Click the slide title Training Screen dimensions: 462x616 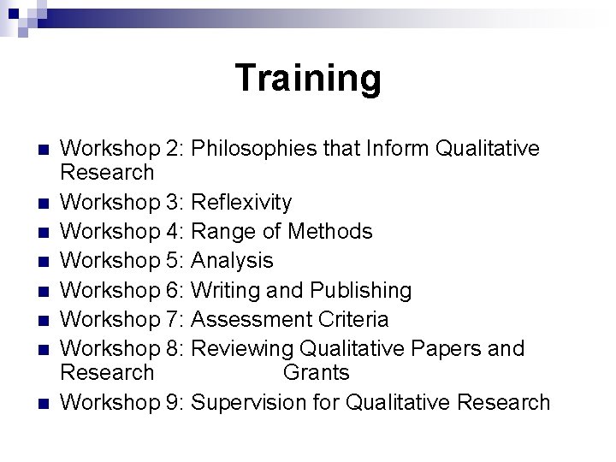pos(308,78)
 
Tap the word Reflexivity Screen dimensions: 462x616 pos(241,203)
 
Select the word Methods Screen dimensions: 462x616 pos(330,231)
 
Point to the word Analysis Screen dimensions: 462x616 pos(232,260)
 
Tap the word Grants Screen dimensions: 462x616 pos(316,372)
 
